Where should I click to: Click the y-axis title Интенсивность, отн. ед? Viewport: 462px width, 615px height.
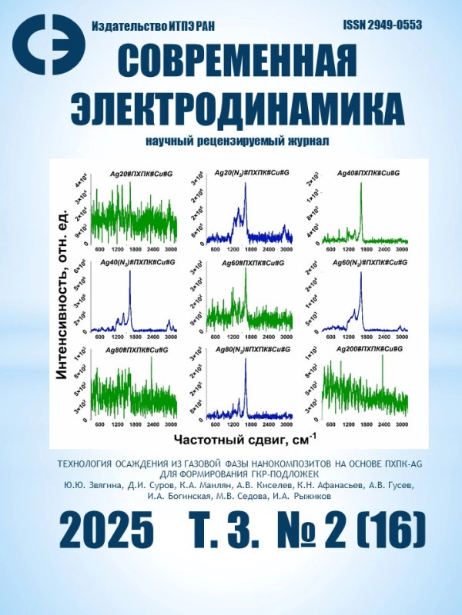(65, 301)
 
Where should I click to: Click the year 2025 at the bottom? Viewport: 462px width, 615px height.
(105, 530)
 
